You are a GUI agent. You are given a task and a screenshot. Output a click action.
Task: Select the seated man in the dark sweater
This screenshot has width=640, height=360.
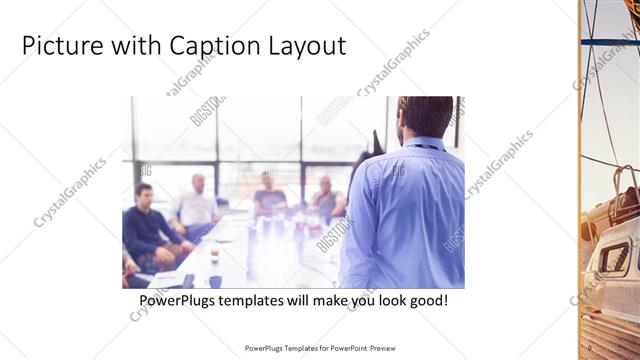click(148, 226)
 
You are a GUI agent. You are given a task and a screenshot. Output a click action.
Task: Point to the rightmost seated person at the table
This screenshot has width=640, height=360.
click(326, 198)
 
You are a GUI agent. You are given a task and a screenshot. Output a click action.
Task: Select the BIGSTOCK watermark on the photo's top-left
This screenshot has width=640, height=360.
click(207, 110)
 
